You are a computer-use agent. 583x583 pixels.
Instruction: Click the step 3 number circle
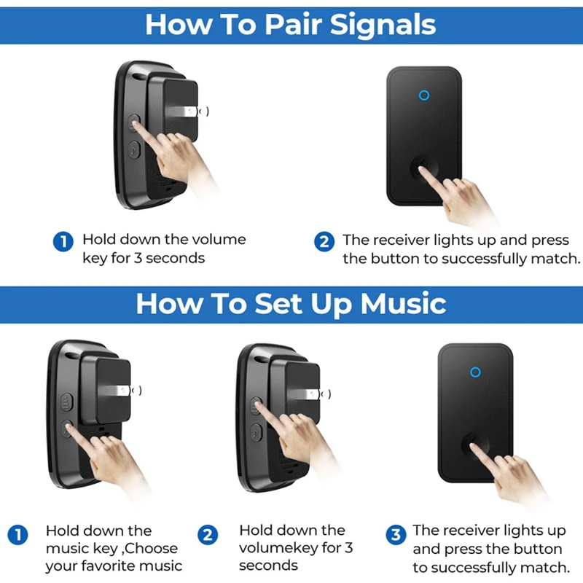396,535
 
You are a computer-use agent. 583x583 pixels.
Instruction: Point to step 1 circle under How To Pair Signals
64,241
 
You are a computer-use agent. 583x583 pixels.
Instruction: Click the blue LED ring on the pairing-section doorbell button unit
424,95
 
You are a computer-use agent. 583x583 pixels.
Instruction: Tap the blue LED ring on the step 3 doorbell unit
475,372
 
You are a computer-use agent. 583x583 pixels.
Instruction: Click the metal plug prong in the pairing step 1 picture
179,111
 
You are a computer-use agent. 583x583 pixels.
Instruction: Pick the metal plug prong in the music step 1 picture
110,394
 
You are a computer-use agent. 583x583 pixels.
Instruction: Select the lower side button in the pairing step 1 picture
134,150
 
